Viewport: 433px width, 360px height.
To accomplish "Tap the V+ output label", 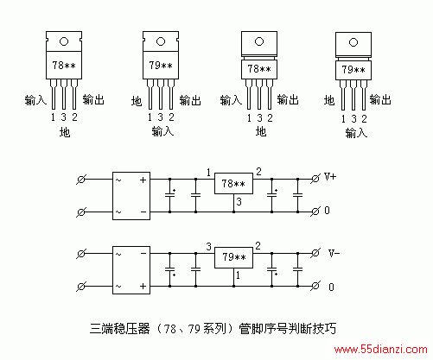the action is (x=330, y=176).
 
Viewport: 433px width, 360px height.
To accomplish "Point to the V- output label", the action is (x=334, y=253).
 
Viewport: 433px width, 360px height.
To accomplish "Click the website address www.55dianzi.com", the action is (x=380, y=350).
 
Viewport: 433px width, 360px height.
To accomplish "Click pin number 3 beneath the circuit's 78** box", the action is (x=239, y=202).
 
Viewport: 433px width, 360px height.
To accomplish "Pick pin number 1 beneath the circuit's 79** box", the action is (x=238, y=275).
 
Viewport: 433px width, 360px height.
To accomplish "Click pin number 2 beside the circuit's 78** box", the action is (x=258, y=172).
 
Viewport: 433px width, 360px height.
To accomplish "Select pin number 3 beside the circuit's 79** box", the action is (x=209, y=247).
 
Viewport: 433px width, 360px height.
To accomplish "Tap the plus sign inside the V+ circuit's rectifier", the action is (x=143, y=180).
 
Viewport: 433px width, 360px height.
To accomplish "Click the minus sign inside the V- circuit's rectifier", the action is (x=143, y=254).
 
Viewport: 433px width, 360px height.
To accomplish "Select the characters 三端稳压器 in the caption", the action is (x=120, y=328).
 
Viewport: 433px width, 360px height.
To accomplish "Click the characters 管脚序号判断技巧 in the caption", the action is (x=288, y=328).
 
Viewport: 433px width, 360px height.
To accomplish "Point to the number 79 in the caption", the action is (x=194, y=329).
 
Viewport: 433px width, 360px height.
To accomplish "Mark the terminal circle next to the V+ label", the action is (x=315, y=179).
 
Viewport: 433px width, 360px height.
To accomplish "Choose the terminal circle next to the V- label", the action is (x=315, y=253).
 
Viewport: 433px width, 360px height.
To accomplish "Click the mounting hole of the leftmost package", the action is (x=64, y=41).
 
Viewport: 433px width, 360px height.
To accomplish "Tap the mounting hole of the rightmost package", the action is (x=353, y=42).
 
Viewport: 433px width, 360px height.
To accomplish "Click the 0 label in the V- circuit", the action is (x=331, y=287).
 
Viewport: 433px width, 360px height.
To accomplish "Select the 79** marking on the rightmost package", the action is (x=353, y=70).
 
